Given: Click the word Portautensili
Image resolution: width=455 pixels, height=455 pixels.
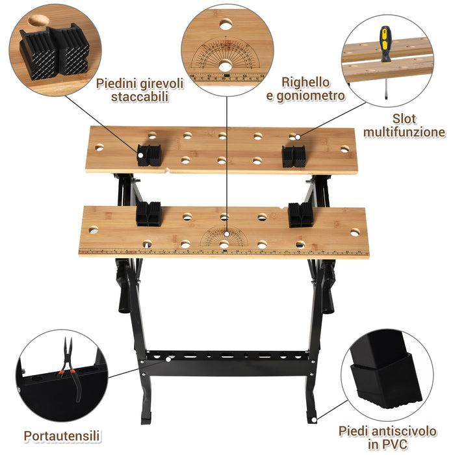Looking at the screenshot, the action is pyautogui.click(x=62, y=436).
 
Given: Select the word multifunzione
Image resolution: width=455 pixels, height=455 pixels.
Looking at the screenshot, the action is pyautogui.click(x=404, y=132).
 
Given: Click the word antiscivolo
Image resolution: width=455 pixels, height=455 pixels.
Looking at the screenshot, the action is pyautogui.click(x=404, y=431).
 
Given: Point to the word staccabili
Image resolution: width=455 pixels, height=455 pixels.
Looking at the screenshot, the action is pyautogui.click(x=140, y=97).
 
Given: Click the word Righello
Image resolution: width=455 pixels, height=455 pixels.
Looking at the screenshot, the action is pyautogui.click(x=305, y=83).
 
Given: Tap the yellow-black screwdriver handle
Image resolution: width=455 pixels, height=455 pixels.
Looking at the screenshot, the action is pyautogui.click(x=385, y=44).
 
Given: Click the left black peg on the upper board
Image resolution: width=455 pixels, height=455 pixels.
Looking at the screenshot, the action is pyautogui.click(x=149, y=155).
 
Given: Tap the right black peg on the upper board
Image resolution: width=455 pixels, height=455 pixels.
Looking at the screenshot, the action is pyautogui.click(x=294, y=157).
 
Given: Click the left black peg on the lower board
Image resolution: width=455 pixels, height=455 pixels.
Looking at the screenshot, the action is pyautogui.click(x=149, y=214).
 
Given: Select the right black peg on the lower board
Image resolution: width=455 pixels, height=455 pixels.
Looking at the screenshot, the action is pyautogui.click(x=300, y=214).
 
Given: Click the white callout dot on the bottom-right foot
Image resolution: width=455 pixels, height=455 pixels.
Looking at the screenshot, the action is pyautogui.click(x=314, y=420).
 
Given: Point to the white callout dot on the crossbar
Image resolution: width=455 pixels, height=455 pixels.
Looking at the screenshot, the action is pyautogui.click(x=168, y=359).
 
